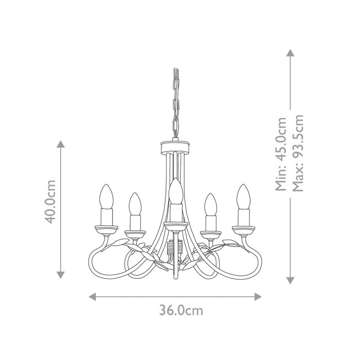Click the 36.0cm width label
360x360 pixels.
point(181,311)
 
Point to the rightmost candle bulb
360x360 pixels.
point(243,196)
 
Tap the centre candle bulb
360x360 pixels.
point(175,191)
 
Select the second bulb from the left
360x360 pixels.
point(135,204)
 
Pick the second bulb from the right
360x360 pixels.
point(210,204)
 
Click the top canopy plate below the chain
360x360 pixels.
point(175,147)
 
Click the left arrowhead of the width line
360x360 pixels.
point(93,296)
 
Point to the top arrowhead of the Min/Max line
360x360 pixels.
point(290,52)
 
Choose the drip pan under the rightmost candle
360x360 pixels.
point(243,228)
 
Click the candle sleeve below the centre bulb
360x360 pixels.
point(175,212)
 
